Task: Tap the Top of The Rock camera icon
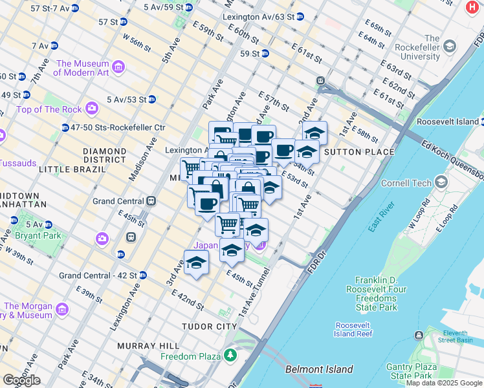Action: click(92, 108)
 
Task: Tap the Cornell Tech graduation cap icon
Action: click(440, 183)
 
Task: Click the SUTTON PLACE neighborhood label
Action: click(358, 152)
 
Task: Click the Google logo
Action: click(21, 380)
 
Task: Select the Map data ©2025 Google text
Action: click(444, 383)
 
